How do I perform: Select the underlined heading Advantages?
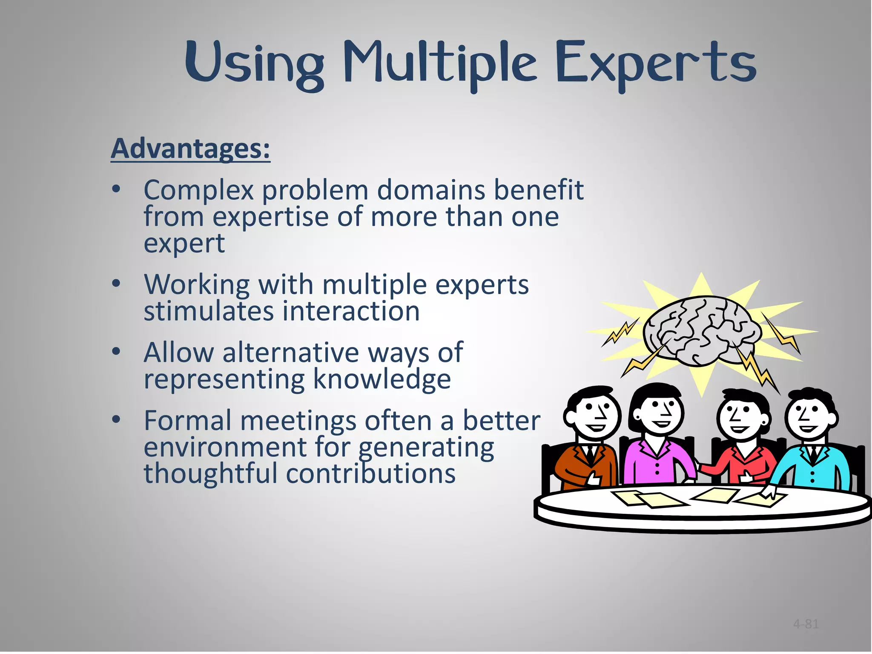190,149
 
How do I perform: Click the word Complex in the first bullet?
198,190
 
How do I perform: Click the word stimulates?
208,311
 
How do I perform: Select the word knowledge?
382,379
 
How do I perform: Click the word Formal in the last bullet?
187,421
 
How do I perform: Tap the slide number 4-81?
806,624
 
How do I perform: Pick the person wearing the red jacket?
741,443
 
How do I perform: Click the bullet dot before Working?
116,284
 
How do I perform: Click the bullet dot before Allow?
116,352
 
